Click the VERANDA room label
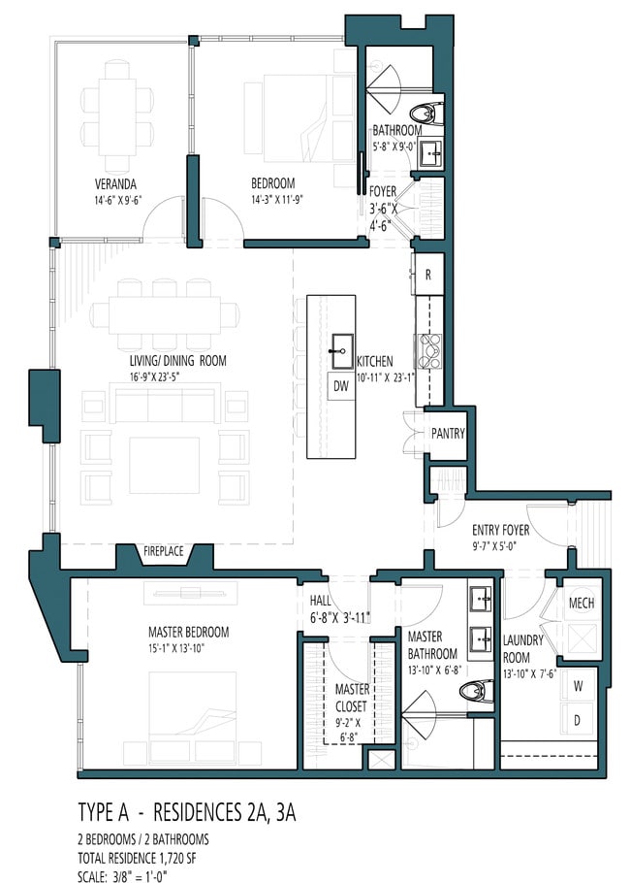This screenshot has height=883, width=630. click(115, 184)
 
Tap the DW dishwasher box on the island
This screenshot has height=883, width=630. click(341, 386)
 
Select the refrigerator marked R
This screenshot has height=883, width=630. click(428, 275)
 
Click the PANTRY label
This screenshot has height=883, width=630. click(448, 434)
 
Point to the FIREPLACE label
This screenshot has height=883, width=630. click(163, 551)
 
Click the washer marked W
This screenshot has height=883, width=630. click(578, 686)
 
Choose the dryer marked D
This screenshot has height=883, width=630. click(578, 720)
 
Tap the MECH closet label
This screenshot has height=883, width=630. click(582, 604)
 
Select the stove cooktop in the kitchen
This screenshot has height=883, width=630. click(429, 351)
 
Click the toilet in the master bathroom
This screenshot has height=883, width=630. click(476, 692)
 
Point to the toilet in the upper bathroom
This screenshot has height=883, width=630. click(426, 114)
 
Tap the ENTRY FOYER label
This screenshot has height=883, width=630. click(501, 530)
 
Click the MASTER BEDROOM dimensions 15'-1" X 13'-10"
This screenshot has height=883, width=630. click(176, 649)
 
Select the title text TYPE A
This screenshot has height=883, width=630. click(104, 813)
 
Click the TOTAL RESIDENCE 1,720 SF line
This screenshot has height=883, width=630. click(137, 858)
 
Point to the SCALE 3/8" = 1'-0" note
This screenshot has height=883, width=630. click(122, 876)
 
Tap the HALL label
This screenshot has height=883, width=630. click(321, 602)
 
